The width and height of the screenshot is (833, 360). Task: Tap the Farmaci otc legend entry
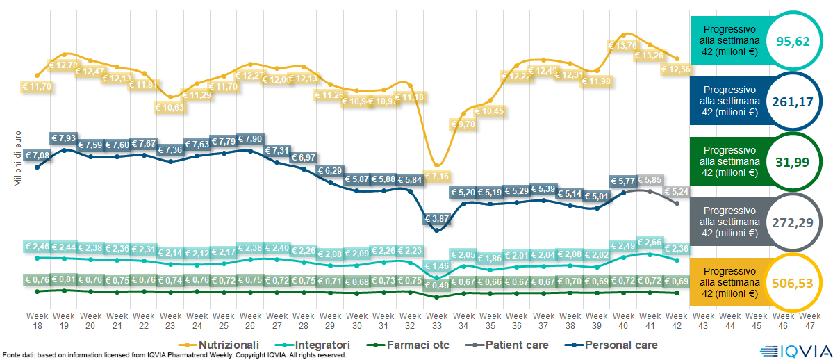pos(411,345)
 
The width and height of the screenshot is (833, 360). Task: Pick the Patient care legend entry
pos(510,345)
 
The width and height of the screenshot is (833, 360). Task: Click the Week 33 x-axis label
pos(436,320)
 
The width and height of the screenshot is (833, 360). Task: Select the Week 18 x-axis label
pos(37,320)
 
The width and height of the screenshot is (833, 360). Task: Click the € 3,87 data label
pos(437,219)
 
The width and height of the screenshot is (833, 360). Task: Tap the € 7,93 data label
pos(64,139)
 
